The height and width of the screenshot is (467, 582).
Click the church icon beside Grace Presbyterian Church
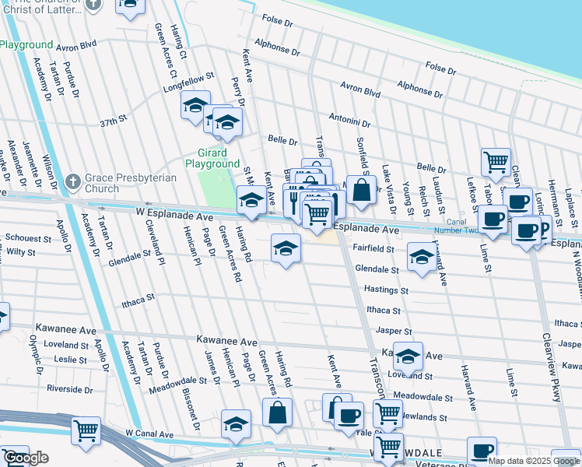click(x=72, y=181)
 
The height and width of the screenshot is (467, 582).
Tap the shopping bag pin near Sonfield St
click(x=362, y=190)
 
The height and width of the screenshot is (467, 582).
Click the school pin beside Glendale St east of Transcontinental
click(x=421, y=257)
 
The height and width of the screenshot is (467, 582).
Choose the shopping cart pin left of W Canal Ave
click(x=86, y=430)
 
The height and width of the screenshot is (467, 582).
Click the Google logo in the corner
click(x=26, y=458)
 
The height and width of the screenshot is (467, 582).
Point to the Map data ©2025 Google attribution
click(x=534, y=461)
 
